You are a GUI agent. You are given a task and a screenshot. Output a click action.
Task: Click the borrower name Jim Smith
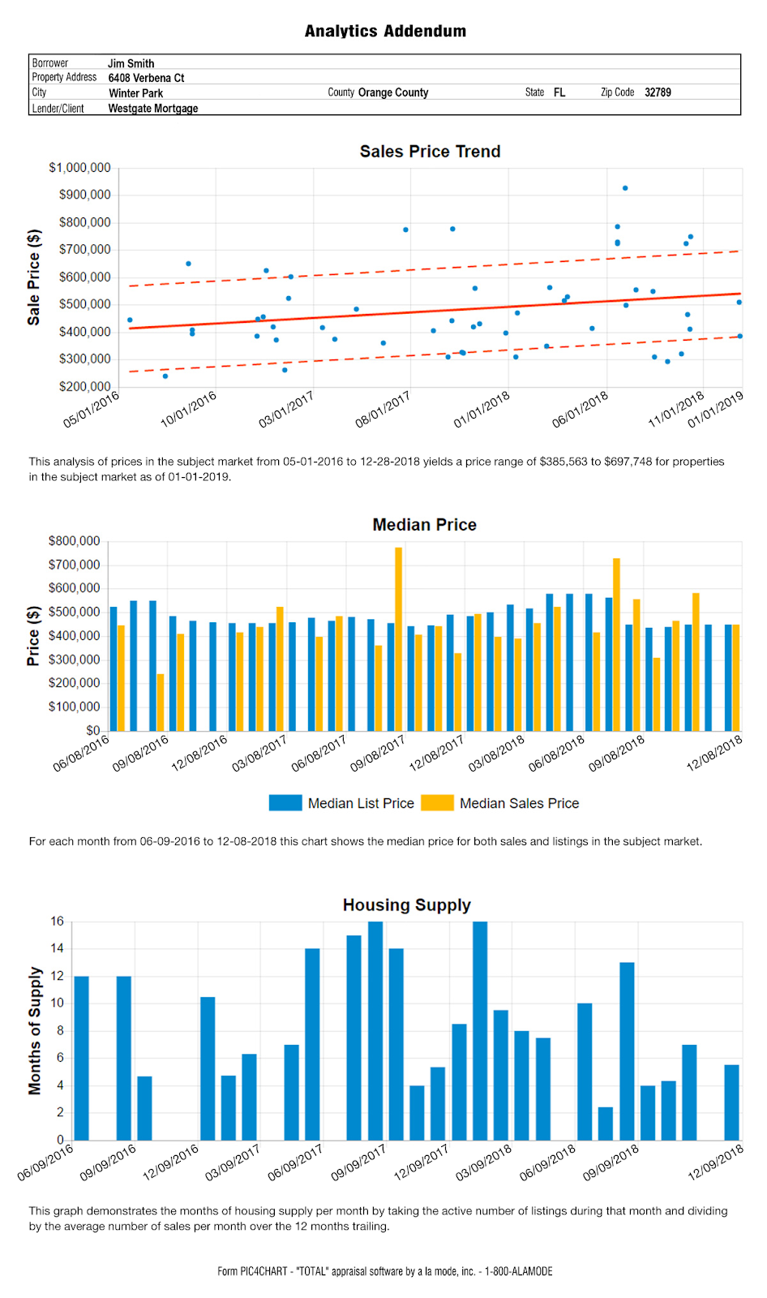[131, 64]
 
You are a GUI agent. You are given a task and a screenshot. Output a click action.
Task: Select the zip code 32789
[658, 92]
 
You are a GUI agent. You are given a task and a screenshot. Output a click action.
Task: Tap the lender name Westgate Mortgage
[153, 109]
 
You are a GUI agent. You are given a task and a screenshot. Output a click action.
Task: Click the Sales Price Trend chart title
[430, 151]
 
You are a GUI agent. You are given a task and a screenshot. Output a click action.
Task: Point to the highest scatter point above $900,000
[625, 188]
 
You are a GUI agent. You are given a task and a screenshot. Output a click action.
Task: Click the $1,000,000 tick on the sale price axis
[80, 168]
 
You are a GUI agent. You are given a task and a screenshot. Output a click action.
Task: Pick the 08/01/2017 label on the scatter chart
[383, 410]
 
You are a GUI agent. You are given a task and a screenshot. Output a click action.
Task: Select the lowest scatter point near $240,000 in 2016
[165, 376]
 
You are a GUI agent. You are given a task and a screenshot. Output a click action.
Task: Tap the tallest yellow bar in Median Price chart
[399, 639]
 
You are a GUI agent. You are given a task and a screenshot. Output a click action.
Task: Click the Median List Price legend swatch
[285, 802]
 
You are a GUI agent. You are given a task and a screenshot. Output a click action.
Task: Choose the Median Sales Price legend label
[519, 803]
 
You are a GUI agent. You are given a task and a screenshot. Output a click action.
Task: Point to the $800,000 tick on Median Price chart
[74, 541]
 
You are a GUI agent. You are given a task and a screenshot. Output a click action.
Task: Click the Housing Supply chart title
[407, 905]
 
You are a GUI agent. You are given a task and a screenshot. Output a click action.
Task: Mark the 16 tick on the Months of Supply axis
[58, 922]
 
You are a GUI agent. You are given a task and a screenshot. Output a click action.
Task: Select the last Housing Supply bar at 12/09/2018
[731, 1102]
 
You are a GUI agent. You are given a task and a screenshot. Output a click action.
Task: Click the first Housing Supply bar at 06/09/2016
[82, 1058]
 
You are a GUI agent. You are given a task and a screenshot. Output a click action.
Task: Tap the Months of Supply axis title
[35, 1030]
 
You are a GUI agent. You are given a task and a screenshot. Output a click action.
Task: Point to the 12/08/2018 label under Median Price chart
[714, 754]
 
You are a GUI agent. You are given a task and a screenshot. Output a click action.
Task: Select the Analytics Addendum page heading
[385, 31]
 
